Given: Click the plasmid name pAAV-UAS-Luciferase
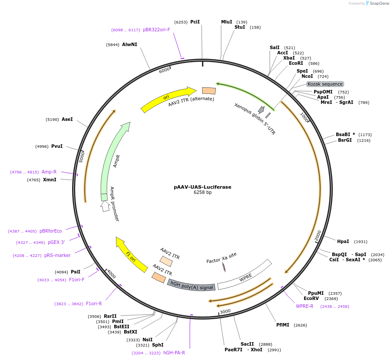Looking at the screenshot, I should point(202,187).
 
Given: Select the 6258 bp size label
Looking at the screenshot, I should point(202,193).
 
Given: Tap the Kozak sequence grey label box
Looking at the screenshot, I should point(325,84).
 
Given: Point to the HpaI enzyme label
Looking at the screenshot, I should point(343,241).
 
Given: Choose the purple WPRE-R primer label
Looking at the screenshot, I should point(305,306).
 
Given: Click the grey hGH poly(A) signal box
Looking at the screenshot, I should point(191,285).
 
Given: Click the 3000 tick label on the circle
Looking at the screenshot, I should point(225,311).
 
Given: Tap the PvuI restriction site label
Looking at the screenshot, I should point(57,146).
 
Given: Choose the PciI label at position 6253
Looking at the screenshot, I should point(195,22).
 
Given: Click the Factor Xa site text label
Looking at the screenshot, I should point(221,257).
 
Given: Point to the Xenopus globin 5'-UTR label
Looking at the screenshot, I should point(255,119).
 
